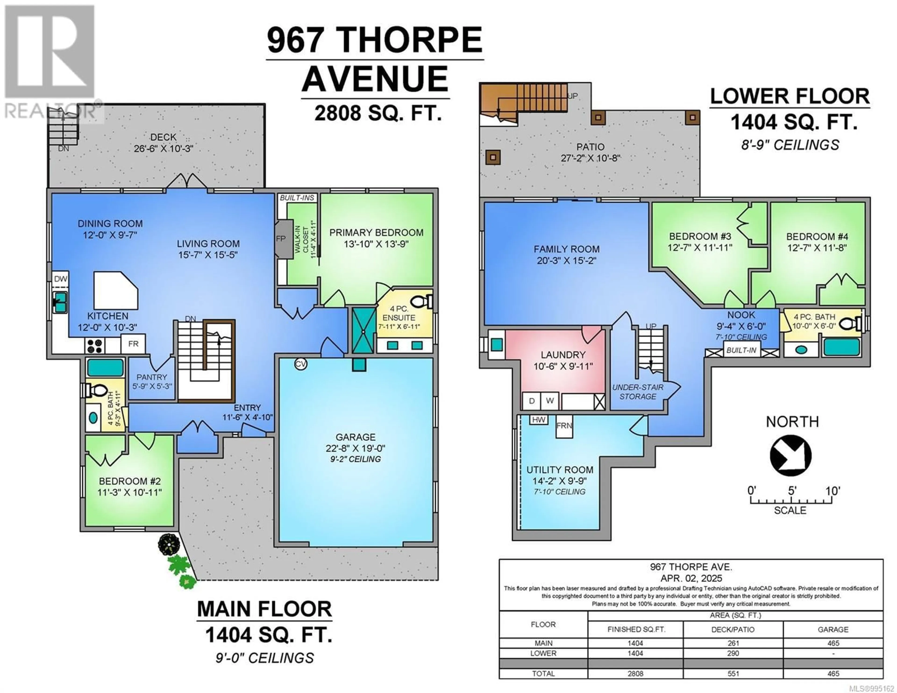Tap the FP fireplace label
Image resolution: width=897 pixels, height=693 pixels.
(x=281, y=238)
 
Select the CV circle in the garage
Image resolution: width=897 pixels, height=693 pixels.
(x=301, y=364)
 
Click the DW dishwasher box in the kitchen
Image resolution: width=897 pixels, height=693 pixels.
(x=60, y=279)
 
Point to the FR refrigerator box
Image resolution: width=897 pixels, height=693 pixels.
(x=133, y=344)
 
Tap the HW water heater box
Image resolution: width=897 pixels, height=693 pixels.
(x=538, y=420)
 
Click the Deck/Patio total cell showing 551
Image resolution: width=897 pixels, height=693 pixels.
(x=733, y=673)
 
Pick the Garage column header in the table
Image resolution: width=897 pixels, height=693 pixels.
(x=833, y=629)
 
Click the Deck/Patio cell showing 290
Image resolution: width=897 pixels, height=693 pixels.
(x=733, y=653)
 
